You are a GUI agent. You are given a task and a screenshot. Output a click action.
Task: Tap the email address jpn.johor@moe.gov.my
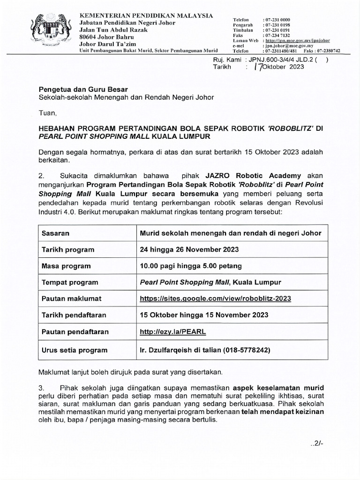(289, 46)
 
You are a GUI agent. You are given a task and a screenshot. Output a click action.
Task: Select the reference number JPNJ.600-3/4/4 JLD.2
(277, 60)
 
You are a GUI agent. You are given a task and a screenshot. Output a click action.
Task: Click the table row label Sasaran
(55, 233)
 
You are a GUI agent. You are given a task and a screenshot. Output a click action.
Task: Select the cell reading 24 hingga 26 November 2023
(189, 249)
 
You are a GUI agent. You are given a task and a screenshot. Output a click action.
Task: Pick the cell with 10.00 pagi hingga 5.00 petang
(191, 266)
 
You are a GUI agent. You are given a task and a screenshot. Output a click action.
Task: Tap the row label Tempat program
(70, 282)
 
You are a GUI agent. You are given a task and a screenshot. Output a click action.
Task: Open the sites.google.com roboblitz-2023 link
(216, 299)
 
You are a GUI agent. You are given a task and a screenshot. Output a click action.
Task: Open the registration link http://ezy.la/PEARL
(173, 331)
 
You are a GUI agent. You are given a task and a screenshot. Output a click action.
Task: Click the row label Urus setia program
(75, 350)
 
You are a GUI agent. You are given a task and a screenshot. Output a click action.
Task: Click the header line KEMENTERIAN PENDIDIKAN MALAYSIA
(147, 15)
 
